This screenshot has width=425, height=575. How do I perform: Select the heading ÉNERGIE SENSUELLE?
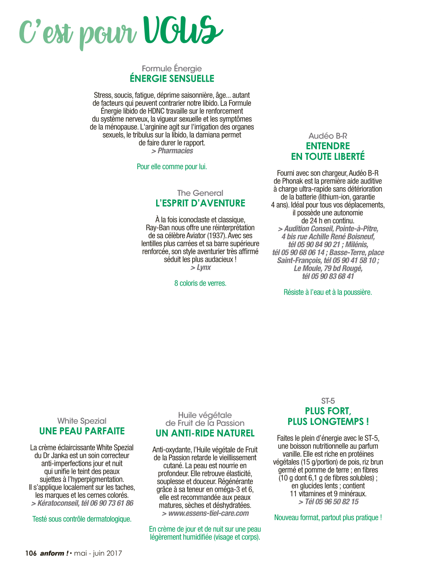(172, 78)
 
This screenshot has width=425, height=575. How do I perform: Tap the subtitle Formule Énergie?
(172, 68)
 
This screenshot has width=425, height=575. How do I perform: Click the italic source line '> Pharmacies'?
(172, 151)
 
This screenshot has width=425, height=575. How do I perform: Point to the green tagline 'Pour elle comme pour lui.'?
(172, 166)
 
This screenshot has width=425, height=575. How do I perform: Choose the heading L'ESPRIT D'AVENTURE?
(200, 203)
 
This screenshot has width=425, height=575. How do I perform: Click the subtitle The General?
(200, 193)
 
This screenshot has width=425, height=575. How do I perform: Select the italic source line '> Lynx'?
(200, 267)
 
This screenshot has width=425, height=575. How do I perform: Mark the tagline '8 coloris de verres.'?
(200, 283)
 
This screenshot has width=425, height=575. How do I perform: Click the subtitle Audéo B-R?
(328, 136)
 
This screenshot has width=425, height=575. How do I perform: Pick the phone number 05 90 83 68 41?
(332, 276)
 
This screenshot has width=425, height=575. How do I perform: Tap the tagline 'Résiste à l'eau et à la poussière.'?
(328, 292)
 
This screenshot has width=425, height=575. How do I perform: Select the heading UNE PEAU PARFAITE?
(82, 431)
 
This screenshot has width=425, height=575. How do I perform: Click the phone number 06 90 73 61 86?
(111, 503)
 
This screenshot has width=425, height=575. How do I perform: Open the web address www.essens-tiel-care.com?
(209, 513)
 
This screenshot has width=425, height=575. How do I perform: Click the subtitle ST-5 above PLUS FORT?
(328, 401)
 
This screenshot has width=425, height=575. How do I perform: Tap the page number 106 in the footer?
(31, 553)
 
